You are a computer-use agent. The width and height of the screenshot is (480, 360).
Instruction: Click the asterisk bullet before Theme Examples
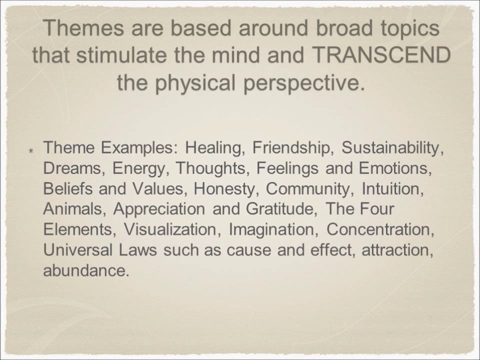[x=31, y=149]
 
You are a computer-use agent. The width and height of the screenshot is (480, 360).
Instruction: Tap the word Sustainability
[x=392, y=148]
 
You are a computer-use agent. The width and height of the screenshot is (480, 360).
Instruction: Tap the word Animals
[x=75, y=209]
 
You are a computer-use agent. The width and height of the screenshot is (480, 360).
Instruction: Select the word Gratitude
[x=280, y=209]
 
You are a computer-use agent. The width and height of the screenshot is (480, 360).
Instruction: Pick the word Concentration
[x=379, y=230]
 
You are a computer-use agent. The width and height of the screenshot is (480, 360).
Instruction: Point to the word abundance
[x=86, y=271]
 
